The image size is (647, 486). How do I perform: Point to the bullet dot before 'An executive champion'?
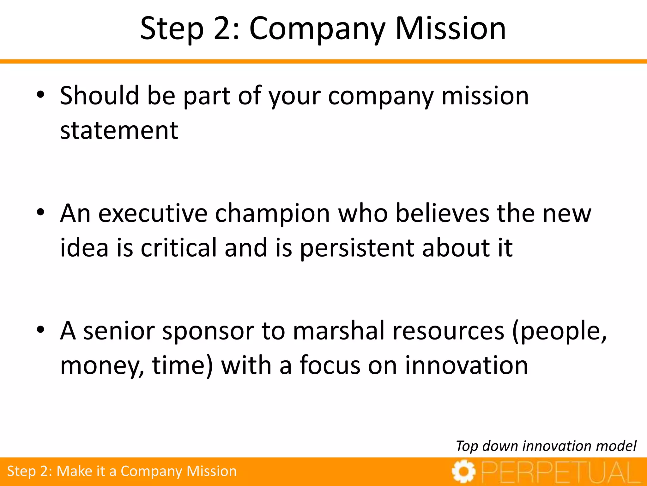pos(40,212)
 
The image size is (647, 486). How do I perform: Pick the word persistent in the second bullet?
pos(357,248)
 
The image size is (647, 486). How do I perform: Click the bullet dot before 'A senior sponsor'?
pos(40,330)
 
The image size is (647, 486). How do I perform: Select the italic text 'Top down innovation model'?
pos(546,446)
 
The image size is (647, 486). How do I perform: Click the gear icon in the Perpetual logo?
pos(463,471)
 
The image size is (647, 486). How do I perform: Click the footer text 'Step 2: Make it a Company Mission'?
pos(122,471)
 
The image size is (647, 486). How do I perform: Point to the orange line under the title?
pos(323,61)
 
